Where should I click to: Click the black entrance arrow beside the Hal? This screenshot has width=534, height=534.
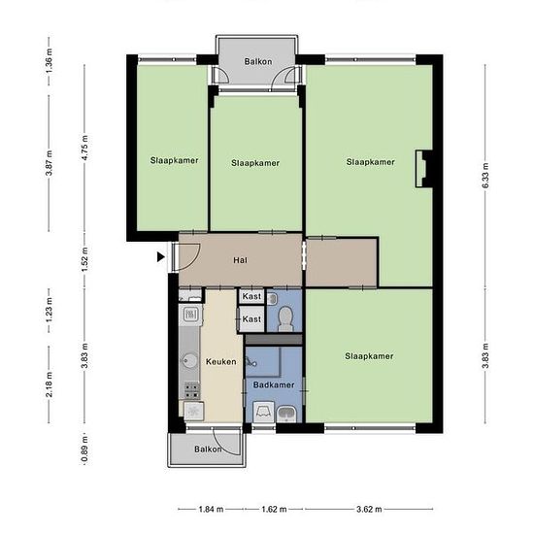(x=161, y=257)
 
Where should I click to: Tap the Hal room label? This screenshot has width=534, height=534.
(x=241, y=260)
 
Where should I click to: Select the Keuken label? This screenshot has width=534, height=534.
(x=221, y=362)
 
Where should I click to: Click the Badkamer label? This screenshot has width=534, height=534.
(x=274, y=384)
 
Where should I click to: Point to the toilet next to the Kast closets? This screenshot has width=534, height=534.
(x=285, y=318)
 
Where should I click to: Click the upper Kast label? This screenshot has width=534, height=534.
(x=251, y=296)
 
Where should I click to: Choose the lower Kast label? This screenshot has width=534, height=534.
(x=251, y=319)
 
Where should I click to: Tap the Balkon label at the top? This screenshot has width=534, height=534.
(x=258, y=61)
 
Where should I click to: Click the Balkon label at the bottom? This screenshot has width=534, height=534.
(x=208, y=450)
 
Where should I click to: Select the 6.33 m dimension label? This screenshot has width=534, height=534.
(x=485, y=176)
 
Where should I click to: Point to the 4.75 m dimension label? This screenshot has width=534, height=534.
(x=84, y=148)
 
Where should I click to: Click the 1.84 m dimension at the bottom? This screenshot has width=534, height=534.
(x=211, y=510)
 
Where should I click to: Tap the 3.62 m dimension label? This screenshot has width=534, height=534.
(x=369, y=510)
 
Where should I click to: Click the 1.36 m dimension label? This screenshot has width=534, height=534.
(x=50, y=60)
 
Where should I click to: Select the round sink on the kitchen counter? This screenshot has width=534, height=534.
(x=189, y=361)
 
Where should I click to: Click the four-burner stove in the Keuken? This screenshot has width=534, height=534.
(x=191, y=390)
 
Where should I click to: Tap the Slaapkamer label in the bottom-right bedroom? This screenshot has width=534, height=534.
(x=369, y=356)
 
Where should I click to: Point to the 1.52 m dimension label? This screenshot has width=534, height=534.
(x=84, y=259)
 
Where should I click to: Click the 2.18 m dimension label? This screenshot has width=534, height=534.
(x=50, y=384)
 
